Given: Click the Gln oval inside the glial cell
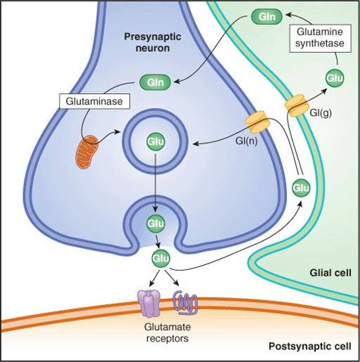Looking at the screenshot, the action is tap(267, 17).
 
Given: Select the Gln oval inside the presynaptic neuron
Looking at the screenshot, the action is tap(155, 82).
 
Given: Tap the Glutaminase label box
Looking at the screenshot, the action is tap(94, 101).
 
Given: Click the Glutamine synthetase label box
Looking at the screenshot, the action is tap(320, 38).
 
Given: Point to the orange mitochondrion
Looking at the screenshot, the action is tap(87, 152).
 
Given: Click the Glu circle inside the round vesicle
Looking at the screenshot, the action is tap(155, 141).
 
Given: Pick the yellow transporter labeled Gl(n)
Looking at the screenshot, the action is tap(258, 123).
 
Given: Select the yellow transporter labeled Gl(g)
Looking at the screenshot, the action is tap(297, 106).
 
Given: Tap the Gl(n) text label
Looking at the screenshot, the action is tap(246, 141).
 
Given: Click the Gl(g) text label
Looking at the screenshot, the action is tap(321, 113).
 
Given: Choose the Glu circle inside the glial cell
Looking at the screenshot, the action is tap(335, 78).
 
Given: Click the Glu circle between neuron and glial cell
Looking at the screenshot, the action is tap(301, 188).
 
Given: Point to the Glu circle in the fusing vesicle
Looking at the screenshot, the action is tap(156, 223).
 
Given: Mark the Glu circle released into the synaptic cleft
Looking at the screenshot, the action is tap(160, 258).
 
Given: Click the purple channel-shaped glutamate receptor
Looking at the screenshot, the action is tap(149, 304).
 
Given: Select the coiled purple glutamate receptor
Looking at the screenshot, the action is tap(185, 303).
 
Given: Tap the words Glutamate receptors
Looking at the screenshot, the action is tap(168, 333).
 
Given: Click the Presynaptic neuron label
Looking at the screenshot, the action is tap(152, 43).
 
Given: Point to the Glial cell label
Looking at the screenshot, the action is tap(330, 273).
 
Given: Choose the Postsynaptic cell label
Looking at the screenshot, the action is tap(309, 346).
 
